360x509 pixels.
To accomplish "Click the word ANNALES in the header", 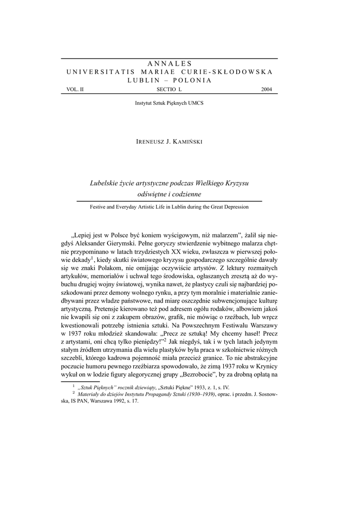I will pos(170,64).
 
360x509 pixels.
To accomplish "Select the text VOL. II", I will pos(69,89).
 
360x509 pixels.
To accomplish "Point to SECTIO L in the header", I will pos(170,89).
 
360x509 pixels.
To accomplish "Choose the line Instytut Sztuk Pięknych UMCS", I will pos(170,103).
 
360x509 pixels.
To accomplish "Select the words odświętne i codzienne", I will pos(170,194).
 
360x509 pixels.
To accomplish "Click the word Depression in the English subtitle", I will pos(236,206).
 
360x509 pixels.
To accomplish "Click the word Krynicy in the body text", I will pos(263,364).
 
